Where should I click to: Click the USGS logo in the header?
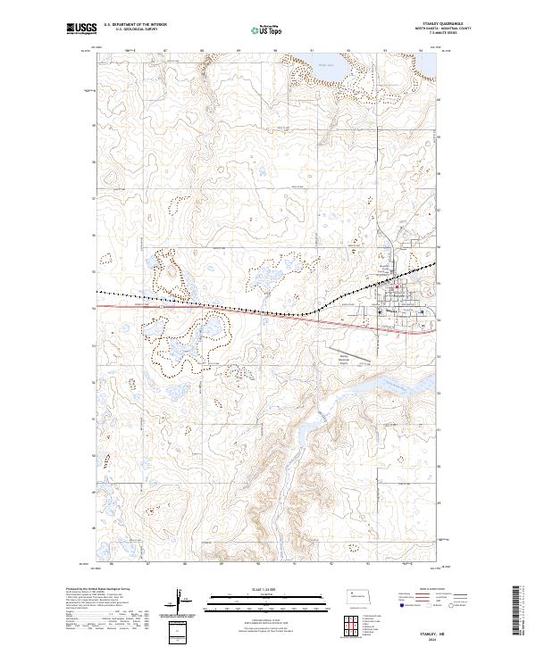[x=80, y=30]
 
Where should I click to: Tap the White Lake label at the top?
[x=325, y=64]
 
